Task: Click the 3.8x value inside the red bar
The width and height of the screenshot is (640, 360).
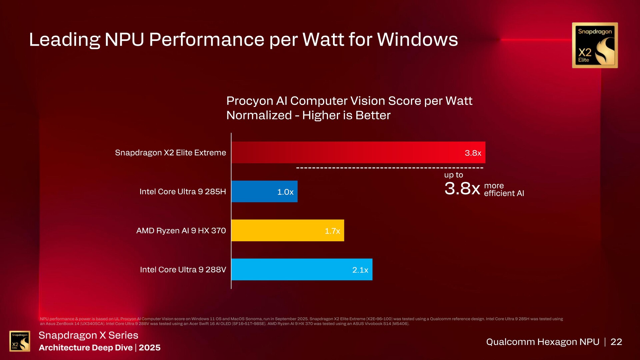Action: coord(473,153)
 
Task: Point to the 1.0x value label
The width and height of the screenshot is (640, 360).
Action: coord(285,192)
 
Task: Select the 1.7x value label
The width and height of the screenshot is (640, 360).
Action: coord(332,231)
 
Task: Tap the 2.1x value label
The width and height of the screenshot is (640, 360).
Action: coord(360,270)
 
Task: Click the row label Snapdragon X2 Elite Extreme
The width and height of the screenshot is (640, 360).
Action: coord(170,153)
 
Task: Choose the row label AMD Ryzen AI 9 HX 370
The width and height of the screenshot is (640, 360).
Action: coord(181,231)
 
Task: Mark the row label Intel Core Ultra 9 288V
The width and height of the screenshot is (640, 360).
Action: coord(183,270)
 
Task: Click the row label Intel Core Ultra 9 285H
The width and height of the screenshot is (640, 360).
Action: coord(183,192)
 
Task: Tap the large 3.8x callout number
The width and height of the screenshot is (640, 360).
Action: coord(462,189)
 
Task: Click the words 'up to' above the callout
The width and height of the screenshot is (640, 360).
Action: coord(453,175)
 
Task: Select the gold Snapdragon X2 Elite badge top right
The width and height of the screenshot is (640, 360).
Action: coord(595,45)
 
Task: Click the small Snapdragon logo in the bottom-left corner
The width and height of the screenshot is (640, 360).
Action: coord(20,341)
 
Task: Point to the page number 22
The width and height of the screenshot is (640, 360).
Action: coord(616,342)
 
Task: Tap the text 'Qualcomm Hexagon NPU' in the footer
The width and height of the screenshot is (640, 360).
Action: coord(542,342)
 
